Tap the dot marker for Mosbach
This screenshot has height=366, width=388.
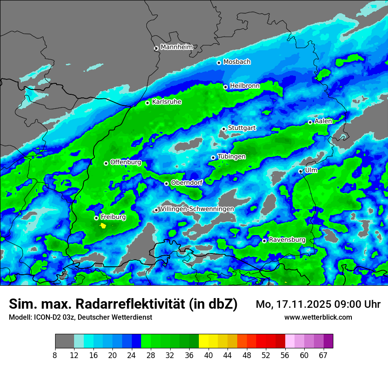[x=219, y=63]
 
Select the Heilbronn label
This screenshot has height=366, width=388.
[x=245, y=86]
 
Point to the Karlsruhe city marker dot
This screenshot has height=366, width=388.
[x=148, y=103]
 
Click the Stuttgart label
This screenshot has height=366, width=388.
[x=242, y=128]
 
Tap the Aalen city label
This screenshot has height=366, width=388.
[x=323, y=121]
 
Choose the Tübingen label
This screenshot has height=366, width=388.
[x=231, y=157]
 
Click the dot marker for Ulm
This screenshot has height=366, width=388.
[x=301, y=171]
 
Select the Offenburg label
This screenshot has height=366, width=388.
[x=126, y=162]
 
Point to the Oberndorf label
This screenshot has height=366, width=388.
[x=187, y=183]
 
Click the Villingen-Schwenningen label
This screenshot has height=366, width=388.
[x=197, y=209]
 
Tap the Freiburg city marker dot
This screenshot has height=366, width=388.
[x=96, y=218]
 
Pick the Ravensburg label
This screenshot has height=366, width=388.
[x=287, y=240]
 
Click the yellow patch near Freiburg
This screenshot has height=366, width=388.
[x=103, y=226]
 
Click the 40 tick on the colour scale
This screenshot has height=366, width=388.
[x=209, y=355]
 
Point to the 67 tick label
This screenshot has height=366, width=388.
[x=323, y=355]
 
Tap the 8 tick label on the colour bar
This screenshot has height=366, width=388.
[x=55, y=355]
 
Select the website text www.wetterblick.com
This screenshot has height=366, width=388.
[x=318, y=317]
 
